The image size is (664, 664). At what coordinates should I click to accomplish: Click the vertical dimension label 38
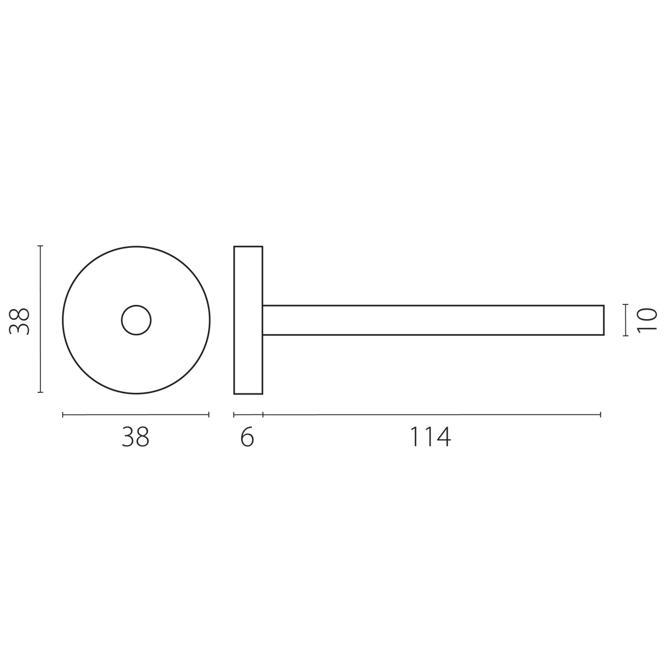coord(19,321)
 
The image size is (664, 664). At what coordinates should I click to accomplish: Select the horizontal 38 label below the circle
coord(136,437)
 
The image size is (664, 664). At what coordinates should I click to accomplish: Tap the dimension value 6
coord(247,437)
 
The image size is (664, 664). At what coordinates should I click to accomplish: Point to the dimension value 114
coord(430,437)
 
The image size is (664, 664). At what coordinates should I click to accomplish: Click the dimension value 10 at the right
coord(647,320)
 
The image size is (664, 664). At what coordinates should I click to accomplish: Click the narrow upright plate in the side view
coord(248,320)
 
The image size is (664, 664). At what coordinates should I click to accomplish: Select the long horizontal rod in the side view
coord(433,320)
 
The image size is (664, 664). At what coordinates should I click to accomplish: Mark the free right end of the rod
coord(604,320)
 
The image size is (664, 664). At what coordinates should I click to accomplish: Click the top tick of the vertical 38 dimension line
coord(40,246)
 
